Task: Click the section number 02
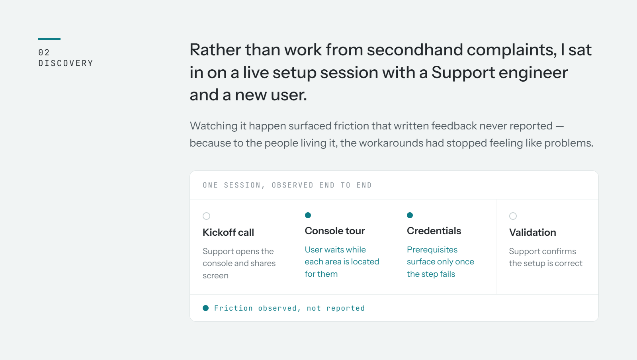(x=44, y=52)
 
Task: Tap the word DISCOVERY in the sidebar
(x=66, y=63)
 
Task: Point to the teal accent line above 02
(x=49, y=39)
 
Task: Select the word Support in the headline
(x=463, y=73)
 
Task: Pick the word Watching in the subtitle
(x=213, y=126)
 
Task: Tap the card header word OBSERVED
(x=292, y=185)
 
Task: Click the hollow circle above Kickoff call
(x=207, y=216)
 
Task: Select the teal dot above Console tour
(x=308, y=215)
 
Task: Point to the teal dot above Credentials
(x=410, y=215)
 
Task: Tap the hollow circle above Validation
(x=513, y=216)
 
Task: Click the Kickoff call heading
(x=228, y=232)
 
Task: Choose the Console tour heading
(x=335, y=231)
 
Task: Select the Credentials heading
(x=434, y=231)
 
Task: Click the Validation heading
(x=532, y=232)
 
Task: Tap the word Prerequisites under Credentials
(x=432, y=250)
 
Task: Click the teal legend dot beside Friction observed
(x=205, y=308)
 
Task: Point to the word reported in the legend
(x=345, y=308)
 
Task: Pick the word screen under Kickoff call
(x=215, y=276)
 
